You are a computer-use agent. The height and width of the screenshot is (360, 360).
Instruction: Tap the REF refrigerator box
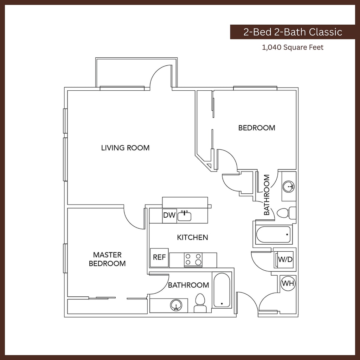click(x=159, y=257)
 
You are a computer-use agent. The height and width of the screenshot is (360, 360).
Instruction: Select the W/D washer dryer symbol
click(x=285, y=260)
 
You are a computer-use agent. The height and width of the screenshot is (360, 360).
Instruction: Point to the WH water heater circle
click(x=288, y=283)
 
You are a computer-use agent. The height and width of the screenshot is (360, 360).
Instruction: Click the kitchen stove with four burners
click(x=193, y=259)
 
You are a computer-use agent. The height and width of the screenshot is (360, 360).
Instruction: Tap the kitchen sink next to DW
click(x=184, y=216)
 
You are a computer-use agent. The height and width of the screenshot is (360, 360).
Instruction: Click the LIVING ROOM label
click(x=125, y=148)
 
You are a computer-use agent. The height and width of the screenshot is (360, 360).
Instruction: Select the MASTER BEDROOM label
click(x=107, y=259)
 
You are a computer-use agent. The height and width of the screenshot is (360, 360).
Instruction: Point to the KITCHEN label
click(x=192, y=237)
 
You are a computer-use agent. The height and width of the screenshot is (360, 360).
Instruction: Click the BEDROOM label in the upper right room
click(x=257, y=128)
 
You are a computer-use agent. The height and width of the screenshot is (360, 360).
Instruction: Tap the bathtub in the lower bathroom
click(x=222, y=290)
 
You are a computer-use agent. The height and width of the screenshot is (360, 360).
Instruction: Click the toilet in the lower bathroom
click(x=200, y=302)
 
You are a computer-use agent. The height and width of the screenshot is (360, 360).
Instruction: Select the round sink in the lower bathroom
click(x=175, y=305)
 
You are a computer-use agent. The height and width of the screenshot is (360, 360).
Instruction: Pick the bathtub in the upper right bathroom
click(x=274, y=235)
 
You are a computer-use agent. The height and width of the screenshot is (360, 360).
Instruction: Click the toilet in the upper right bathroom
click(x=286, y=213)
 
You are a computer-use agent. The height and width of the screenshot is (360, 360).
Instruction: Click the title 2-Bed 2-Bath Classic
click(x=292, y=32)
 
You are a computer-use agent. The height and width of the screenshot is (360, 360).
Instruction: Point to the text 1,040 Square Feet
click(x=292, y=47)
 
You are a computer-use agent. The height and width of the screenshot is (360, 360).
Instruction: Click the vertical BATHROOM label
click(x=267, y=195)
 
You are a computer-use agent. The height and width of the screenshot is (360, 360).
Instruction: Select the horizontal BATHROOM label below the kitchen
click(x=188, y=285)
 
